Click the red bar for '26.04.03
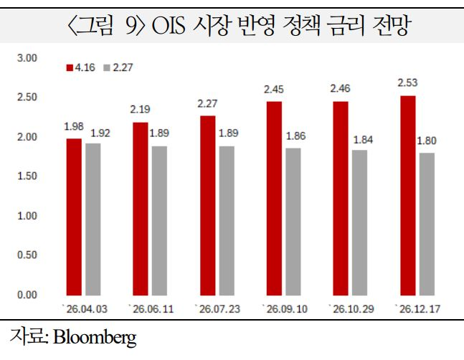point(74,217)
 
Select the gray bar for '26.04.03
point(93,219)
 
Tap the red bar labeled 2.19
point(140,208)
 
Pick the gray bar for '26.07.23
point(226,220)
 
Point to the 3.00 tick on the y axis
point(27,57)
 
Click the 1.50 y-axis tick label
point(27,176)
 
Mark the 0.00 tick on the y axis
point(27,294)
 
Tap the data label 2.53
point(407,83)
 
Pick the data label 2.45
point(274,90)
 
